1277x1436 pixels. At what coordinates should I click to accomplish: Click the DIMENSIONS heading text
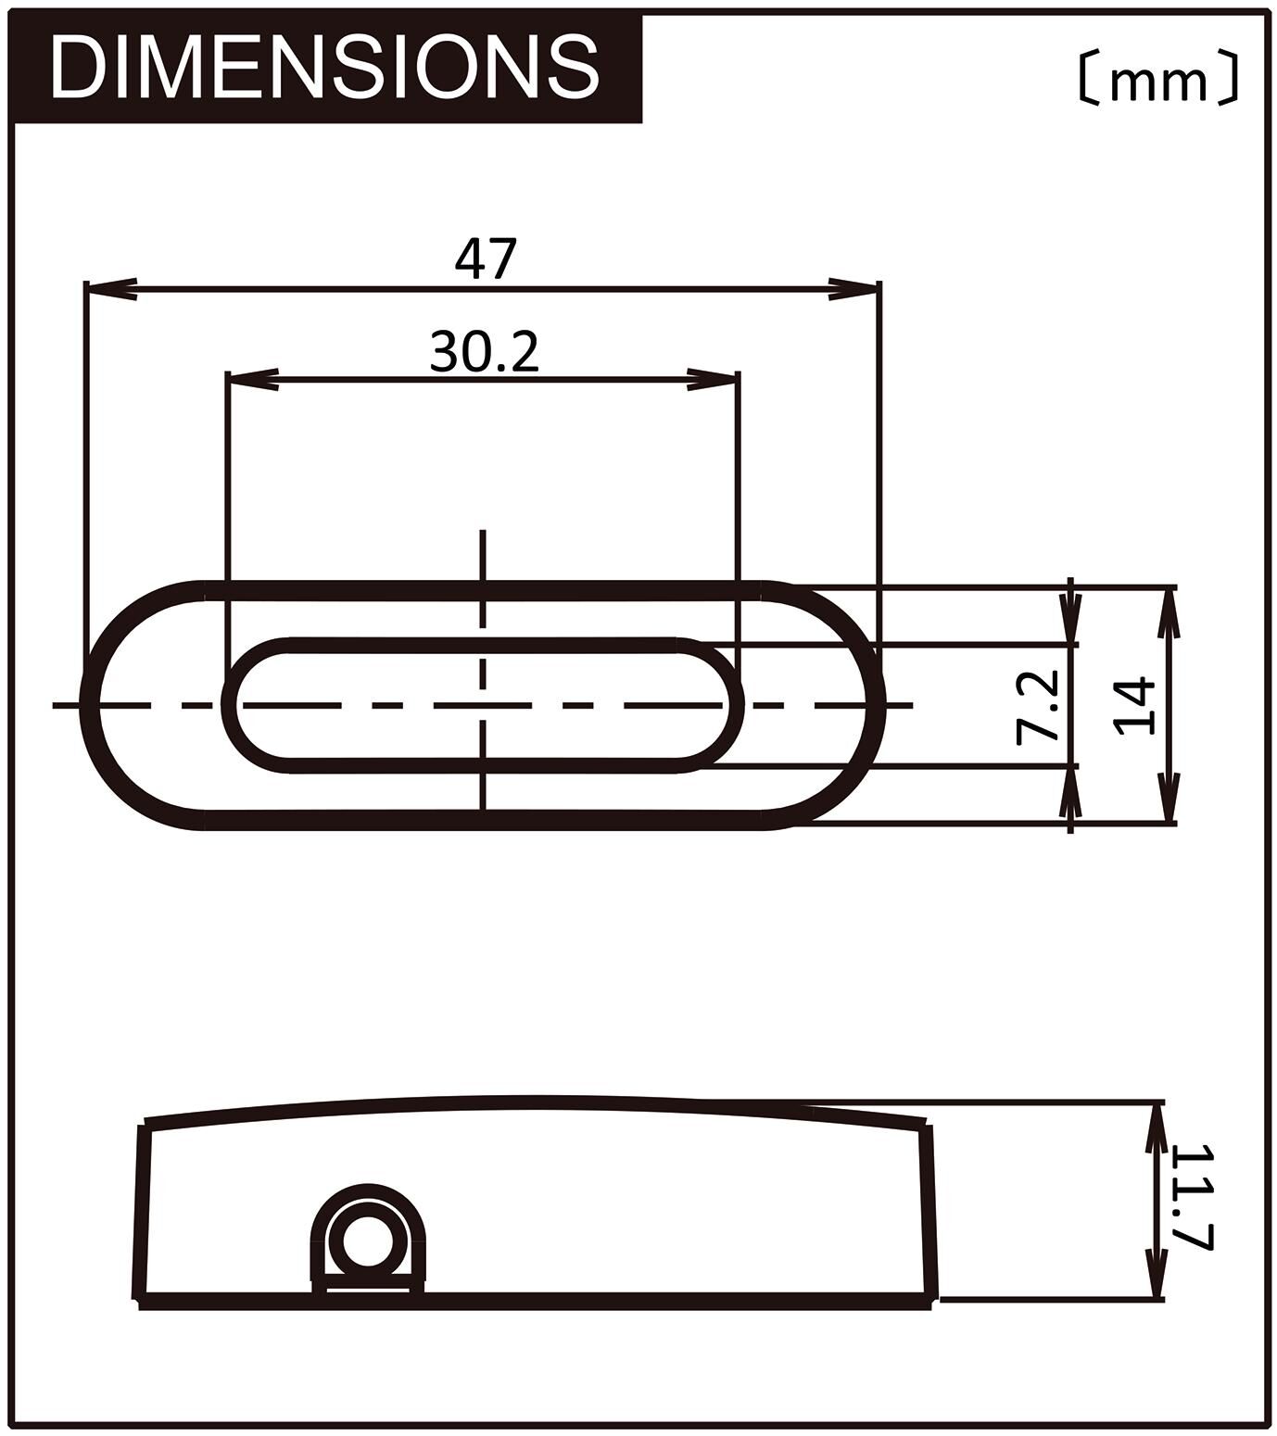pyautogui.click(x=324, y=68)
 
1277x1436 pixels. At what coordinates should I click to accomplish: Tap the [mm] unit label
pyautogui.click(x=1157, y=79)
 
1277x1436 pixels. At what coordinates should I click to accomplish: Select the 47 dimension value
pyautogui.click(x=484, y=258)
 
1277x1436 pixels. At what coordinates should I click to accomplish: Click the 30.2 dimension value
pyautogui.click(x=484, y=351)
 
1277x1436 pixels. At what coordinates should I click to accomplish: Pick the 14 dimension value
pyautogui.click(x=1136, y=706)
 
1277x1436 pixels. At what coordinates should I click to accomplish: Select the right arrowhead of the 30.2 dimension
pyautogui.click(x=714, y=381)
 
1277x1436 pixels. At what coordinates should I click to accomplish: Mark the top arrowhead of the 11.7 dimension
pyautogui.click(x=1155, y=1127)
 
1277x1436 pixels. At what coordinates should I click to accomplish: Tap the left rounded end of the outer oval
pyautogui.click(x=91, y=706)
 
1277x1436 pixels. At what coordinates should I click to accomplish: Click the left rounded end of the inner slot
pyautogui.click(x=232, y=706)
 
